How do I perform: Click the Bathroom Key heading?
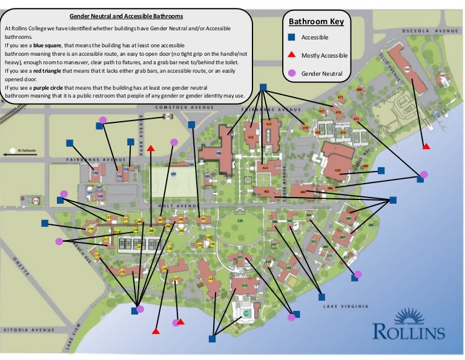(316, 22)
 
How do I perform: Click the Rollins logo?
(409, 324)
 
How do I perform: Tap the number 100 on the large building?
(218, 153)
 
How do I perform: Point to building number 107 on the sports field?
(173, 174)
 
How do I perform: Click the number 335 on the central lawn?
(240, 221)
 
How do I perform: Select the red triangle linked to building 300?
(426, 146)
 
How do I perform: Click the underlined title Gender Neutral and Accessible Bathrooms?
(127, 15)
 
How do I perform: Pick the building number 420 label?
(337, 170)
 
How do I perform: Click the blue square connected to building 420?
(381, 170)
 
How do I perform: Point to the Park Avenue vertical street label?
(140, 142)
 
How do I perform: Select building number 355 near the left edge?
(36, 201)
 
